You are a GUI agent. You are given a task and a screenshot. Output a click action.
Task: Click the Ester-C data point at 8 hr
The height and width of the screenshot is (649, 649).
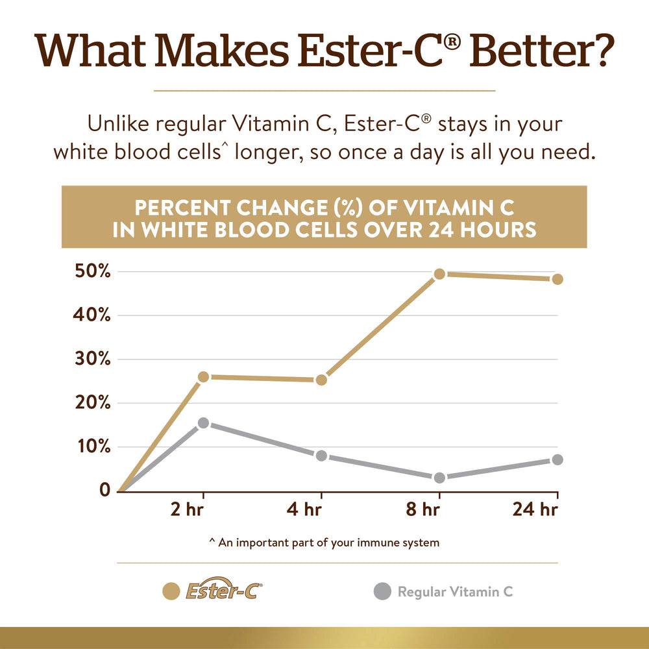pos(439,274)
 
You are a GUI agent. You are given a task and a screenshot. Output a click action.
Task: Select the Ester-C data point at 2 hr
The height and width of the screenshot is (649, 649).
pos(203,376)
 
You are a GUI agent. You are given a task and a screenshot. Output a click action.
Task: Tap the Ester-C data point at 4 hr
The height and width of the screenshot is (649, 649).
pos(321,380)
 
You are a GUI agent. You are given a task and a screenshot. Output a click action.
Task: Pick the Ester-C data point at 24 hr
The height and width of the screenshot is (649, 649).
pos(557,279)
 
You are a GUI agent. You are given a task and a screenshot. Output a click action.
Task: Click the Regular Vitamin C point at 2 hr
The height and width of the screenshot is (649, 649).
pos(203,423)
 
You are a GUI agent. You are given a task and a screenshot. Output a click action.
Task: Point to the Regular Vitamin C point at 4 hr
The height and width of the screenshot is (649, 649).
pos(321,456)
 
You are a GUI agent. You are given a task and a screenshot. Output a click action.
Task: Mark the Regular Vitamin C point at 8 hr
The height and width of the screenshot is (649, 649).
pos(439,478)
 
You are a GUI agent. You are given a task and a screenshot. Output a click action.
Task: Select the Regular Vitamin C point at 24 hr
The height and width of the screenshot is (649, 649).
pos(557,459)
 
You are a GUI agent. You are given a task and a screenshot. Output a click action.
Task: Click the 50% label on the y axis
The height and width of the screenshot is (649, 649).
pos(90,271)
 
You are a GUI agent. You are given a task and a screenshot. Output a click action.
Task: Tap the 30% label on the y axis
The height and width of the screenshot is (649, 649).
pos(90,359)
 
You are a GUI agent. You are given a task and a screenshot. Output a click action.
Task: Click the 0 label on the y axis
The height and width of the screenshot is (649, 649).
pos(104,490)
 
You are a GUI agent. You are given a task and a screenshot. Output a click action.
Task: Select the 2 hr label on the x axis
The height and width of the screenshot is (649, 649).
pos(186,510)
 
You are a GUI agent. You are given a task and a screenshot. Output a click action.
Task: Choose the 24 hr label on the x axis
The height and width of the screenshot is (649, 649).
pos(535,510)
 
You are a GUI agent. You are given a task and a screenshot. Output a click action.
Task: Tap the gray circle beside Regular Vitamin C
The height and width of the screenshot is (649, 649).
pos(383,591)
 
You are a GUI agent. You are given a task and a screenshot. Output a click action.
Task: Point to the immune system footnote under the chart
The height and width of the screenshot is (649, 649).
pos(324,543)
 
